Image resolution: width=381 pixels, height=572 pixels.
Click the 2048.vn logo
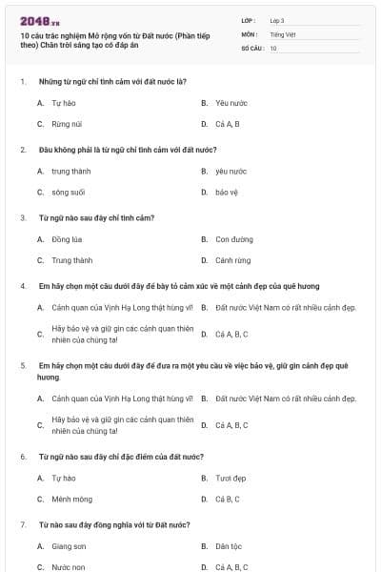click(39, 21)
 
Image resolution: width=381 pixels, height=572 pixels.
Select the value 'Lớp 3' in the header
click(277, 20)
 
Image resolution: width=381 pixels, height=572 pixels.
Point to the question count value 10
click(273, 47)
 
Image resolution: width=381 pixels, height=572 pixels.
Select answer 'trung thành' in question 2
click(71, 172)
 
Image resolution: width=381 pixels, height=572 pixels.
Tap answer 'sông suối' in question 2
click(69, 193)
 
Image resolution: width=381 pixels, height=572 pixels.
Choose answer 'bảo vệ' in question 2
click(227, 193)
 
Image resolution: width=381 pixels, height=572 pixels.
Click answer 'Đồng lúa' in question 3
click(68, 239)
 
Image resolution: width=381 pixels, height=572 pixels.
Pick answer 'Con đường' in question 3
click(234, 239)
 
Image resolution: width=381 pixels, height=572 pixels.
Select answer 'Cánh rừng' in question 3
click(233, 260)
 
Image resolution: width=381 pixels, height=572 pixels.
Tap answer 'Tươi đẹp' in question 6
click(231, 478)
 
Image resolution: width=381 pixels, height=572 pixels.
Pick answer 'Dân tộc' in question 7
click(230, 546)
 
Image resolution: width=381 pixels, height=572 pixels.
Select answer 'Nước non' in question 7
click(69, 567)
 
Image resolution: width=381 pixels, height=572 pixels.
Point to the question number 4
click(22, 286)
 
